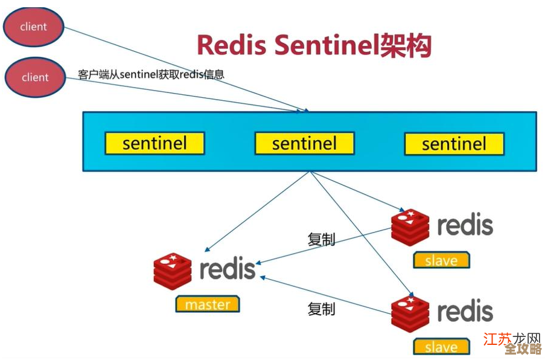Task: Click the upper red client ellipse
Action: (x=33, y=27)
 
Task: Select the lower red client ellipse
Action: (x=34, y=77)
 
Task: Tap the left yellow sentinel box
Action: (x=155, y=144)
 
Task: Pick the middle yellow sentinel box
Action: (x=304, y=144)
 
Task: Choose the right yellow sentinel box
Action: (x=454, y=144)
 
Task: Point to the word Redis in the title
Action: (x=232, y=45)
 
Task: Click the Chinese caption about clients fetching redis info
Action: (x=151, y=74)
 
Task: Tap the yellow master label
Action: (x=207, y=304)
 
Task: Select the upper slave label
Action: (x=441, y=260)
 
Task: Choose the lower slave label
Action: (x=441, y=347)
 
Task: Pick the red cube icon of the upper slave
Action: (x=410, y=227)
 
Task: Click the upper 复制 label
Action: (x=321, y=239)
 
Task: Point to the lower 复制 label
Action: (x=321, y=309)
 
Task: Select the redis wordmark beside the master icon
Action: (x=228, y=269)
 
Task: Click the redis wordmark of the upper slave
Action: (x=465, y=225)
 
